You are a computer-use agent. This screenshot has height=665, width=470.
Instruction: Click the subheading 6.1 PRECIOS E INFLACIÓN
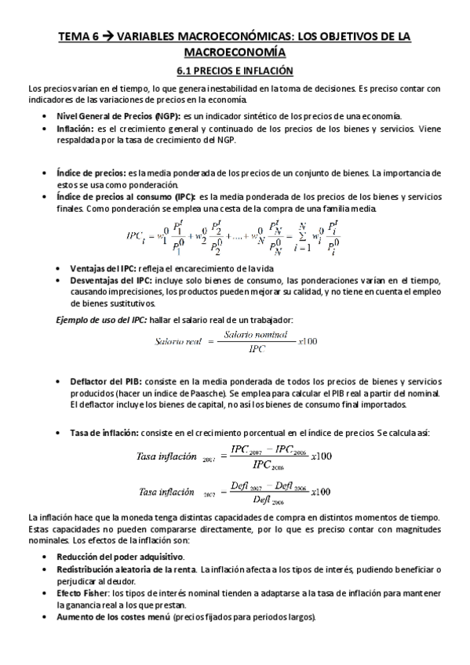pos(234,71)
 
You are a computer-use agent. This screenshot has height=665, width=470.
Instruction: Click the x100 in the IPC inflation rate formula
pos(322,456)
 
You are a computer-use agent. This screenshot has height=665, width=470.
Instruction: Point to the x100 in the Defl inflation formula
pos(322,492)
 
